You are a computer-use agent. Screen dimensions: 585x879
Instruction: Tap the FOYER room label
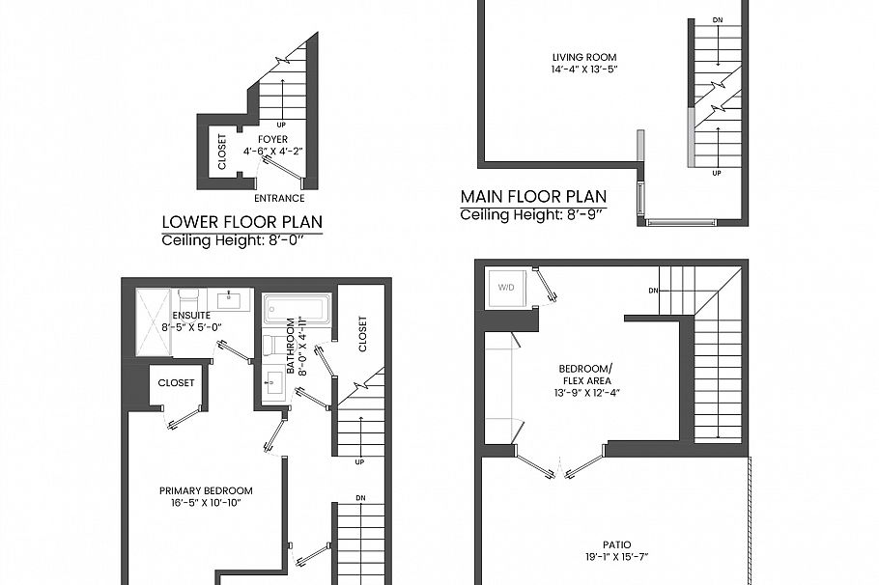pos(272,140)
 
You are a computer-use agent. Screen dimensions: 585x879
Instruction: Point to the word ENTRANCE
pos(279,199)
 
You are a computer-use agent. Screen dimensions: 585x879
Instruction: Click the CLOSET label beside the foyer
pos(222,152)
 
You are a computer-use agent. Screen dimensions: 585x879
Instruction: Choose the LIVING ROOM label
pos(578,57)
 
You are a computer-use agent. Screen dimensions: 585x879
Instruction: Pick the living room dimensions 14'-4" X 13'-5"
pos(578,70)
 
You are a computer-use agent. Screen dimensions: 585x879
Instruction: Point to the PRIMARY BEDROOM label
pos(206,490)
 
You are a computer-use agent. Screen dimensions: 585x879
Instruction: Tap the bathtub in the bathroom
pos(297,309)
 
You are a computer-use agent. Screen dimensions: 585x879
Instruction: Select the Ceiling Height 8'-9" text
pos(533,215)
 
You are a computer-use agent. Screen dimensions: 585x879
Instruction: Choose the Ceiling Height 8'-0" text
pos(241,239)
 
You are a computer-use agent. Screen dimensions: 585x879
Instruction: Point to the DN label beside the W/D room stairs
pos(653,291)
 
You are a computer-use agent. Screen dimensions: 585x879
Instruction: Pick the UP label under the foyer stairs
pos(281,125)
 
